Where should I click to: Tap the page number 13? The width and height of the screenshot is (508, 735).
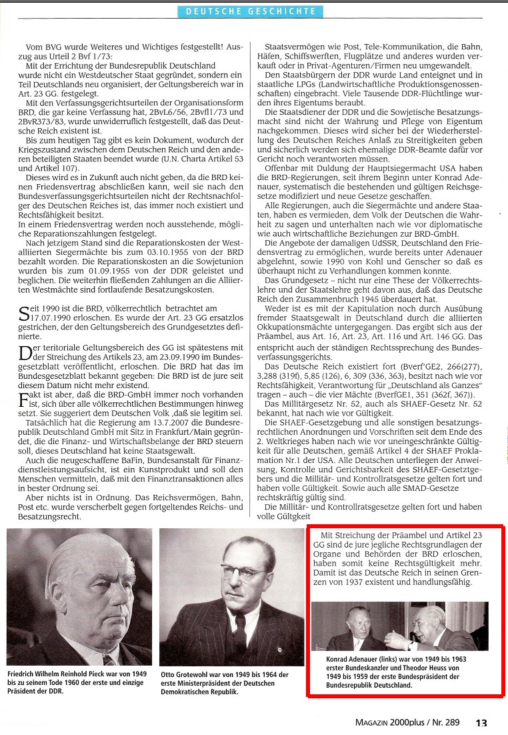point(481,722)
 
